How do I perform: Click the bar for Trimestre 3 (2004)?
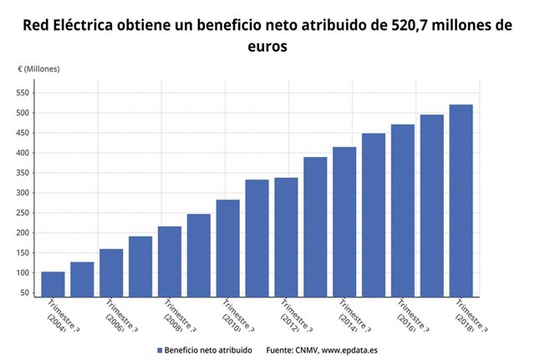[53, 284]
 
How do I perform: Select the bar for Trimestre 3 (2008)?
[170, 261]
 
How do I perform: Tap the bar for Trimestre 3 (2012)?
[286, 237]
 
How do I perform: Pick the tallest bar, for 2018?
[461, 200]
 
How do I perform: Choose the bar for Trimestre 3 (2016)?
[402, 210]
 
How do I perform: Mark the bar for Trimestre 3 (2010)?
[227, 248]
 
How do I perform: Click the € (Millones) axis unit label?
[39, 68]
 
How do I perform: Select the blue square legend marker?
[159, 349]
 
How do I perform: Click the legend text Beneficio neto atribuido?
[208, 349]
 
